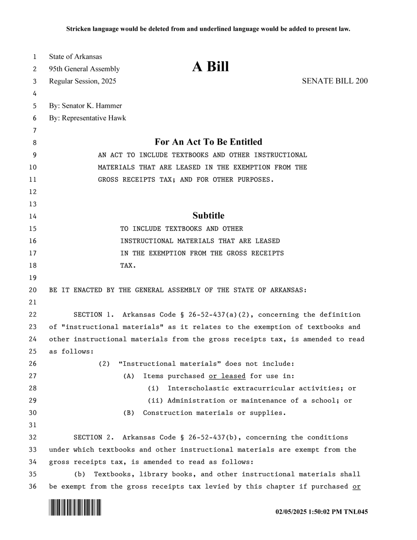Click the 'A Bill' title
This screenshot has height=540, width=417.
211,67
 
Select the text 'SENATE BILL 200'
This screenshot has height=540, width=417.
335,81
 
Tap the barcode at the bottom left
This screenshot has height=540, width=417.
75,507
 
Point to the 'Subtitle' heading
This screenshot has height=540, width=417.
208,216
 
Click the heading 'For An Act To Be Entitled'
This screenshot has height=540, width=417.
208,142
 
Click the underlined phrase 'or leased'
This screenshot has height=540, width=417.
227,376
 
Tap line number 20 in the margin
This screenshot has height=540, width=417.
33,290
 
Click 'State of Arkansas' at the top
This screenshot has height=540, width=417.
75,57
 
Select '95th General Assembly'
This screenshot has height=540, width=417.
84,69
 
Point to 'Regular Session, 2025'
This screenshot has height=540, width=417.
83,81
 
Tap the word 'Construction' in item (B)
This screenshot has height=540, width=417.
167,413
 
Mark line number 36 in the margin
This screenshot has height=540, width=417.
33,487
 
